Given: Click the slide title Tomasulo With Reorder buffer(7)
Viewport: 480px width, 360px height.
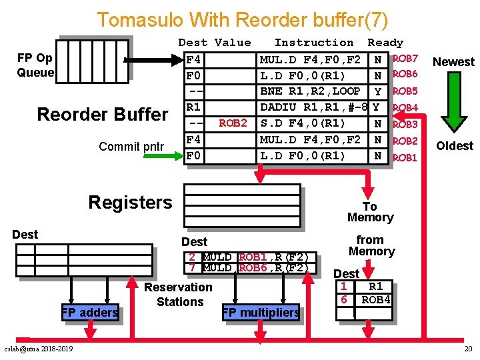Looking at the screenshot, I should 242,19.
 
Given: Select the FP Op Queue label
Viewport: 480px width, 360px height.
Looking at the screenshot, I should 35,65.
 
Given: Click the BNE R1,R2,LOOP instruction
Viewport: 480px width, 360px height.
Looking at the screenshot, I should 309,91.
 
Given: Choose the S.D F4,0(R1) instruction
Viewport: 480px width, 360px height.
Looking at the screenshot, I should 302,123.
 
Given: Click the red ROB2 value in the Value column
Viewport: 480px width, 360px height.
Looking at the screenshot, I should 233,123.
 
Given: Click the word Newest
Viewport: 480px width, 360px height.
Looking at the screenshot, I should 453,62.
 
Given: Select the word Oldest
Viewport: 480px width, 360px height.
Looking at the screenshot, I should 455,146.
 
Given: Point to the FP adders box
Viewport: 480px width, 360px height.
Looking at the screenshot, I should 90,312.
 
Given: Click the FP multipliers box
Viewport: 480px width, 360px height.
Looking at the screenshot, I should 261,312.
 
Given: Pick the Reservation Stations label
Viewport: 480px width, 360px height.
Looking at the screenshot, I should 179,294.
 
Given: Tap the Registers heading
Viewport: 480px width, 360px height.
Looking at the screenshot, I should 130,202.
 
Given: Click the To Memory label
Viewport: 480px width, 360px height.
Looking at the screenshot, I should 370,212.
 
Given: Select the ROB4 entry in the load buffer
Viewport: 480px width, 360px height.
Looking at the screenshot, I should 375,299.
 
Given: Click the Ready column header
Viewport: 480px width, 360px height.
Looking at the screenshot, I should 385,43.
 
